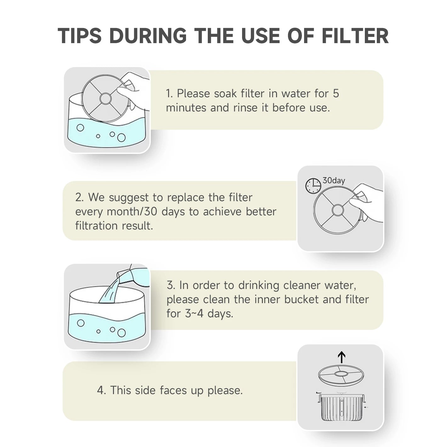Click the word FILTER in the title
tap(355, 36)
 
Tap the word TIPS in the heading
tap(80, 36)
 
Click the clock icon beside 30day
tap(313, 186)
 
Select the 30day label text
tap(334, 180)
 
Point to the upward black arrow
tap(342, 358)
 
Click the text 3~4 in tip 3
tap(194, 314)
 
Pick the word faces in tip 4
tap(173, 390)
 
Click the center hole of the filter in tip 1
tap(105, 99)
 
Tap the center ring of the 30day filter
tap(337, 210)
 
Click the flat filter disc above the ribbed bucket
tap(341, 375)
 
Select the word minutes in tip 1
tap(186, 108)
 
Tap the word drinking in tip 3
tap(259, 285)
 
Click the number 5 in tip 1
tap(336, 93)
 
